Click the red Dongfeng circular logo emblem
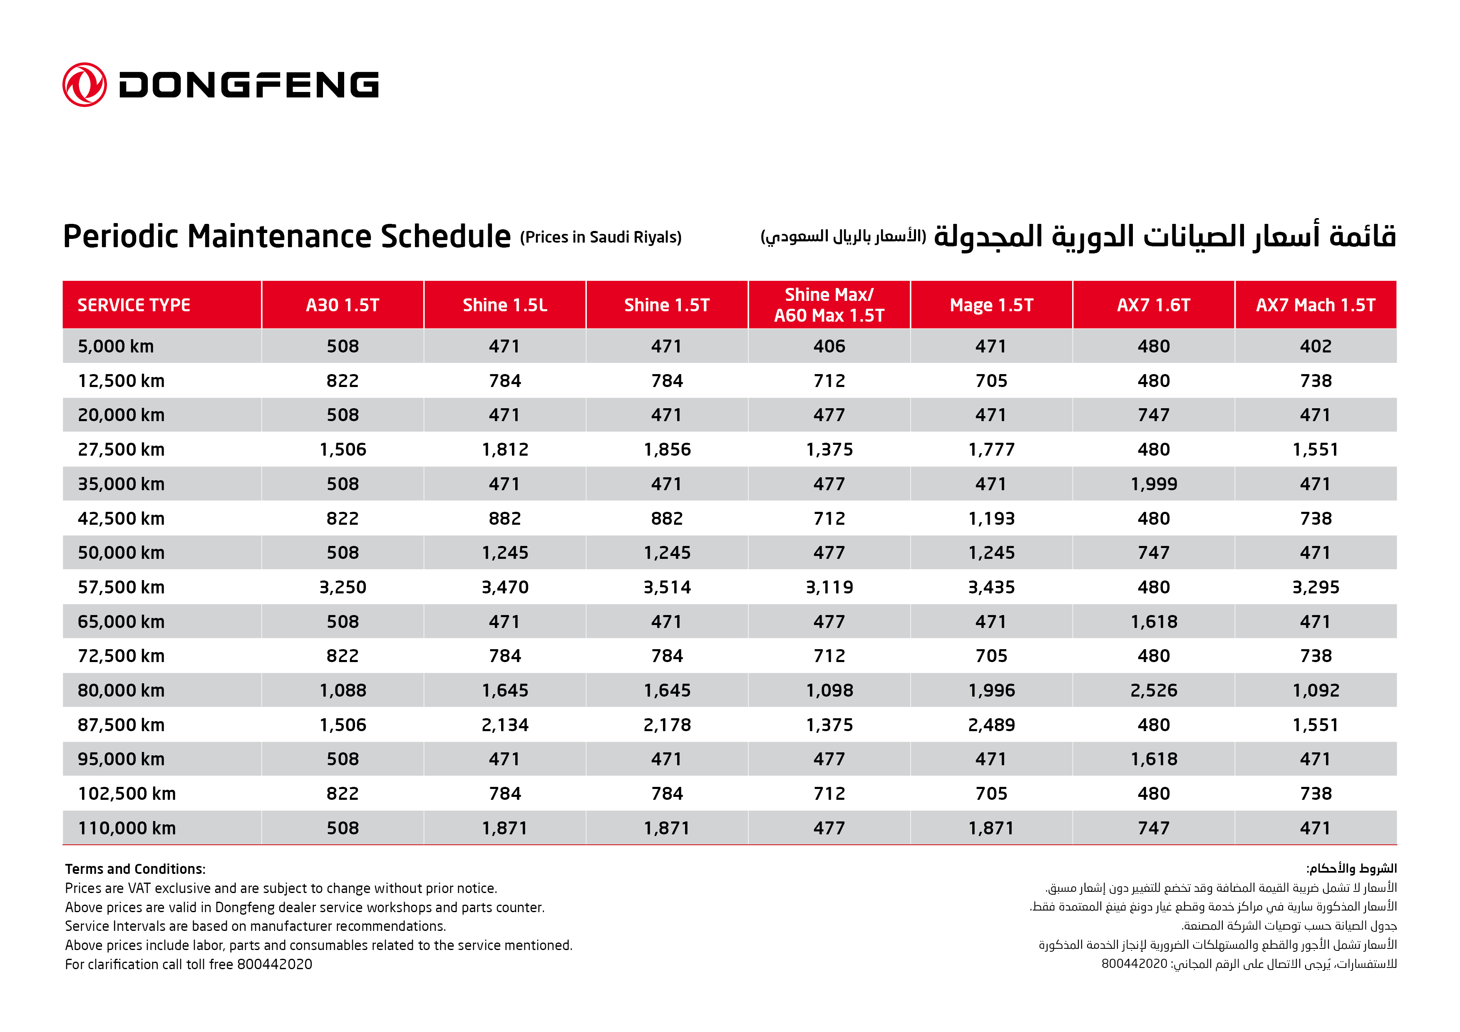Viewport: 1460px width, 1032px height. (x=84, y=84)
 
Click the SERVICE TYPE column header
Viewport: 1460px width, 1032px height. (x=134, y=305)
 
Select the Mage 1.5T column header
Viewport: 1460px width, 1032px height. (x=991, y=305)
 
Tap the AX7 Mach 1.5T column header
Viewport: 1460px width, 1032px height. (x=1315, y=305)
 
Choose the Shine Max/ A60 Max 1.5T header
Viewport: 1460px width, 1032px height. (x=829, y=305)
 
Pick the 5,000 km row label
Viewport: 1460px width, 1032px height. (x=116, y=347)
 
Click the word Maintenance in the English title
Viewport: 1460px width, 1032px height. (x=280, y=236)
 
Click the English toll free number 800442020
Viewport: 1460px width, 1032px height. (x=275, y=964)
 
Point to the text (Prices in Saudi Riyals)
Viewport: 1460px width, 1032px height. (x=600, y=238)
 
